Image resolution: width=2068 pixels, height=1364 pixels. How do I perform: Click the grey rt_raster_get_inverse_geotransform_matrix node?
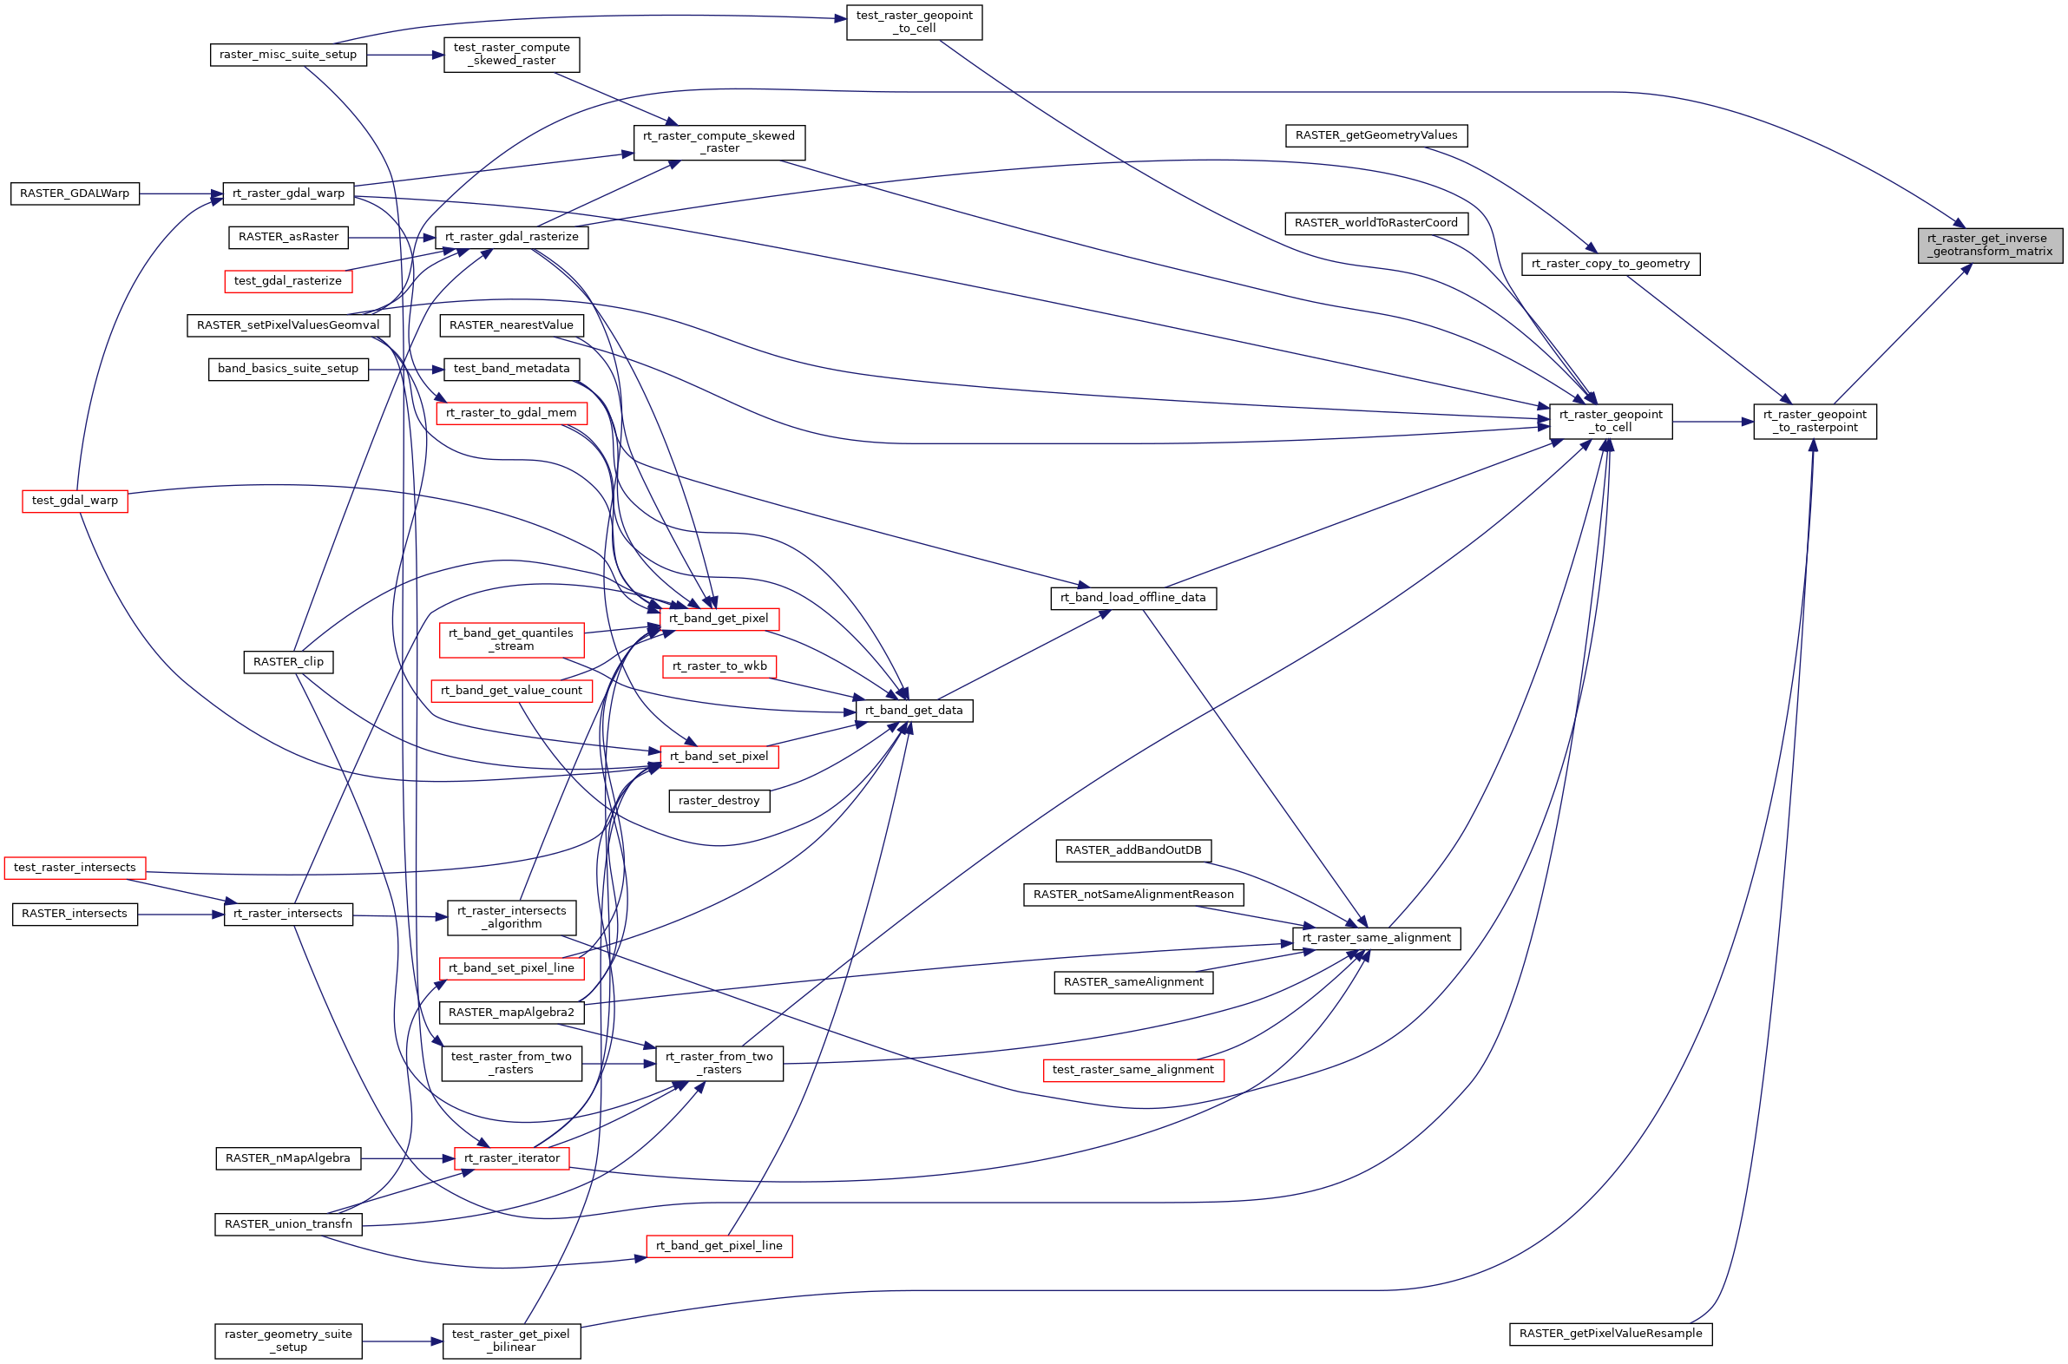(1989, 245)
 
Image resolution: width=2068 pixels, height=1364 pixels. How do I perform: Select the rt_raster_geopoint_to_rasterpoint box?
(1814, 421)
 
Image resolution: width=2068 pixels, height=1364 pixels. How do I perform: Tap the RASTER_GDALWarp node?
(75, 193)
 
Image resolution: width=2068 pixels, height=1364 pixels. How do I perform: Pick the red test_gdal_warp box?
(75, 500)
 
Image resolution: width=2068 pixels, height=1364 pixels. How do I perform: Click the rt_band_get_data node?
(914, 710)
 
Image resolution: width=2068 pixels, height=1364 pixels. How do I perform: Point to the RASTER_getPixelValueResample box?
(1610, 1333)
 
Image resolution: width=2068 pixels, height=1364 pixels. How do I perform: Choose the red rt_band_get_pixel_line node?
(719, 1246)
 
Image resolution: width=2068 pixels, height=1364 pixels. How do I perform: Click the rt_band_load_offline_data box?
(1132, 598)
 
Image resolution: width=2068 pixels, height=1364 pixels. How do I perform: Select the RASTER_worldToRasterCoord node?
(1375, 223)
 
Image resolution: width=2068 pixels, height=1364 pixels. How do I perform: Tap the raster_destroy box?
(719, 800)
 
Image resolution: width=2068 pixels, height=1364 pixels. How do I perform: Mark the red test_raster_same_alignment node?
(1132, 1069)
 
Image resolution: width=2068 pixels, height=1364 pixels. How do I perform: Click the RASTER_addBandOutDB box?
(1132, 849)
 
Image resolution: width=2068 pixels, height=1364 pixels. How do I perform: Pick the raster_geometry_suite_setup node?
(288, 1340)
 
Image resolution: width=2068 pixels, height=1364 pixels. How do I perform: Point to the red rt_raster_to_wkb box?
(719, 666)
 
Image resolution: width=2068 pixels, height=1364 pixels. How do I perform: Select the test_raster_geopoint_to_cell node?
(914, 22)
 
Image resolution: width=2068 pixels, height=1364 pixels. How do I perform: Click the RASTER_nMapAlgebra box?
(288, 1157)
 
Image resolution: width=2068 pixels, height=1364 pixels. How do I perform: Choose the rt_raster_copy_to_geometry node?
(1610, 264)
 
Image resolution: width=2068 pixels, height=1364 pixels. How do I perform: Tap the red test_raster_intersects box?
(75, 868)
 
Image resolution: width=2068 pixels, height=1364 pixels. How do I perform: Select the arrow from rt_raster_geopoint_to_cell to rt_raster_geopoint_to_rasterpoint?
(1711, 421)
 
